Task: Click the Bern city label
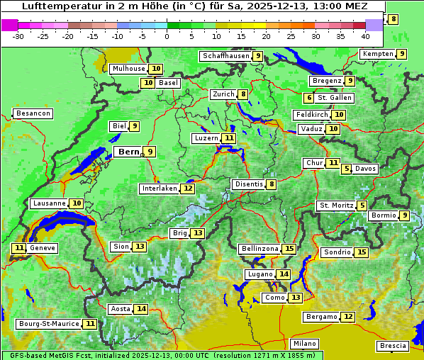128,152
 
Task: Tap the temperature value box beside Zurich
243,94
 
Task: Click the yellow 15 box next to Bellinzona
289,249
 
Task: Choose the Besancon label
33,113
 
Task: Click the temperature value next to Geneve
18,248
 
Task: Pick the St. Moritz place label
335,206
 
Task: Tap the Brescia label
393,346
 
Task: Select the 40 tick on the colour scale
365,36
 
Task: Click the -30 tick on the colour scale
18,36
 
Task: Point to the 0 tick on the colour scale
167,36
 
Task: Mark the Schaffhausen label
225,56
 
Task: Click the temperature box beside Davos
347,169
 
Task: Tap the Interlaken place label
159,189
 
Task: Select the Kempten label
378,54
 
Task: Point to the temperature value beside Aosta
142,309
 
